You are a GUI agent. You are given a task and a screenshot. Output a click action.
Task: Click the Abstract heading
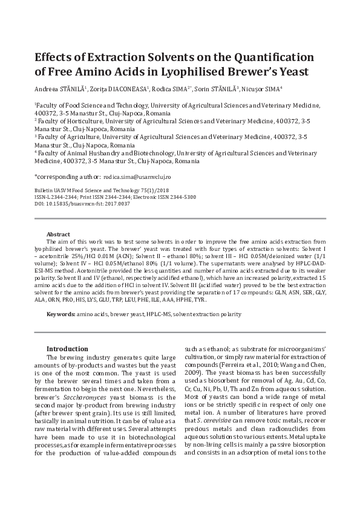pyautogui.click(x=59, y=234)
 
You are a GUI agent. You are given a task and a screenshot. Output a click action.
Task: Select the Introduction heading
pyautogui.click(x=67, y=349)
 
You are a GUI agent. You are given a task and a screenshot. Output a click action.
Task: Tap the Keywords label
pyautogui.click(x=61, y=314)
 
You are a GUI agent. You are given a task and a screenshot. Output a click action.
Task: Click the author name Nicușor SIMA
pyautogui.click(x=264, y=89)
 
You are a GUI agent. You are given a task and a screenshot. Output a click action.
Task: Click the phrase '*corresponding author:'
pyautogui.click(x=67, y=177)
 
